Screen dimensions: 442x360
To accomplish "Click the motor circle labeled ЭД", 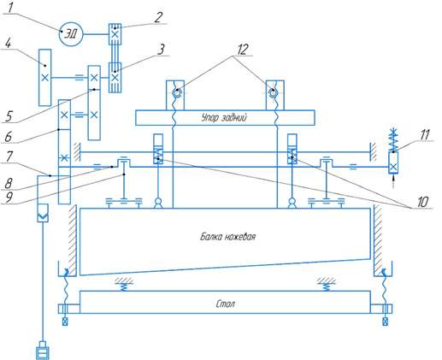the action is [71, 34].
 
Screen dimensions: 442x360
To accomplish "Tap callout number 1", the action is [10, 8].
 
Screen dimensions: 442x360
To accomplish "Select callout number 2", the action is [158, 17].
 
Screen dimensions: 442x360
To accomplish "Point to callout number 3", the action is [162, 49].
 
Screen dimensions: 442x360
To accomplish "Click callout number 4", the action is [8, 44].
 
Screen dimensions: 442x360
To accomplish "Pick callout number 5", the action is [9, 116].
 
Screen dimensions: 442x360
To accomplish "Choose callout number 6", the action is [8, 136].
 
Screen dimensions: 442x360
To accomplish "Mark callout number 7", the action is [9, 156].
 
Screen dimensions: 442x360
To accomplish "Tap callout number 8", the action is [9, 183].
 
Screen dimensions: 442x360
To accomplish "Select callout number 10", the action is [422, 202].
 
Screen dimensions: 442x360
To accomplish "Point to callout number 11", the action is [425, 134].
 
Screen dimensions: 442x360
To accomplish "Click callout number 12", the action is [242, 50].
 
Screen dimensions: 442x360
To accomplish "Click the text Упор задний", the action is [224, 117].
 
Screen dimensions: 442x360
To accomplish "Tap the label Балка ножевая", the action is [227, 237].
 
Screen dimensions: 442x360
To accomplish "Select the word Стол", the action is [226, 304].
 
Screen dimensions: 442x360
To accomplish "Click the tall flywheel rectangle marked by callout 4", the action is [44, 77].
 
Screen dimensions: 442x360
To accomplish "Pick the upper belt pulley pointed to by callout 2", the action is [115, 34].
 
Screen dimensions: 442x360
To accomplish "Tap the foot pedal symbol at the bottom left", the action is [43, 351].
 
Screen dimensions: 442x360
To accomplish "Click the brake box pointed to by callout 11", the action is [393, 162].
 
